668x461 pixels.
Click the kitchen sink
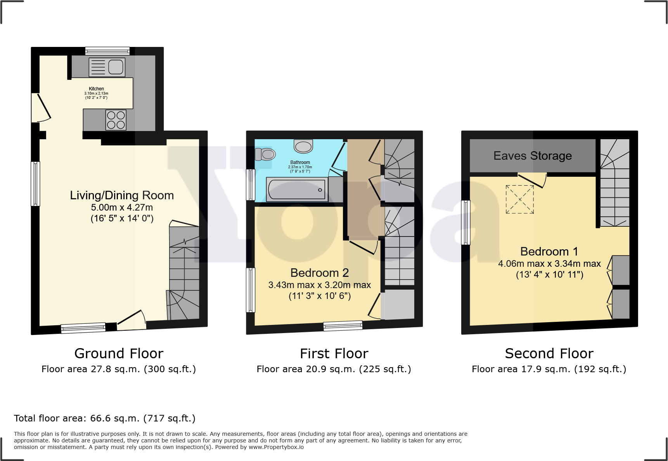coord(107,67)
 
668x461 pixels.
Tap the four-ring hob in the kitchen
coord(116,120)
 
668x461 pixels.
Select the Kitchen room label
coord(96,89)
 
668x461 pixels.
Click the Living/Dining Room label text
coord(122,195)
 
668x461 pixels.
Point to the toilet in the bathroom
coord(265,154)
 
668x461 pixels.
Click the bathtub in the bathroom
coord(297,190)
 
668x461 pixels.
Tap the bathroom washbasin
coord(303,146)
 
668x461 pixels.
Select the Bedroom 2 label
coord(320,273)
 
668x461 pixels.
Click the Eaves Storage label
coord(533,156)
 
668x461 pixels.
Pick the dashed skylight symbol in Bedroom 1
coord(520,199)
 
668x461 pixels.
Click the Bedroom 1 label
coord(549,252)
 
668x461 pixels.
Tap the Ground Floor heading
coord(119,354)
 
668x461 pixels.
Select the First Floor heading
coord(334,354)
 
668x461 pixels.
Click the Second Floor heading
coord(549,354)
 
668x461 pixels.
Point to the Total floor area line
coord(105,418)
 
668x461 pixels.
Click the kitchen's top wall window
coord(107,51)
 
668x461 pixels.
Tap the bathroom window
coord(251,185)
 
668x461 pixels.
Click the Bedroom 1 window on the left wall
coord(466,223)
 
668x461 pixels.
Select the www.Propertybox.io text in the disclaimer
coord(276,447)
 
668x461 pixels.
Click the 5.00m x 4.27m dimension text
coord(122,207)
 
